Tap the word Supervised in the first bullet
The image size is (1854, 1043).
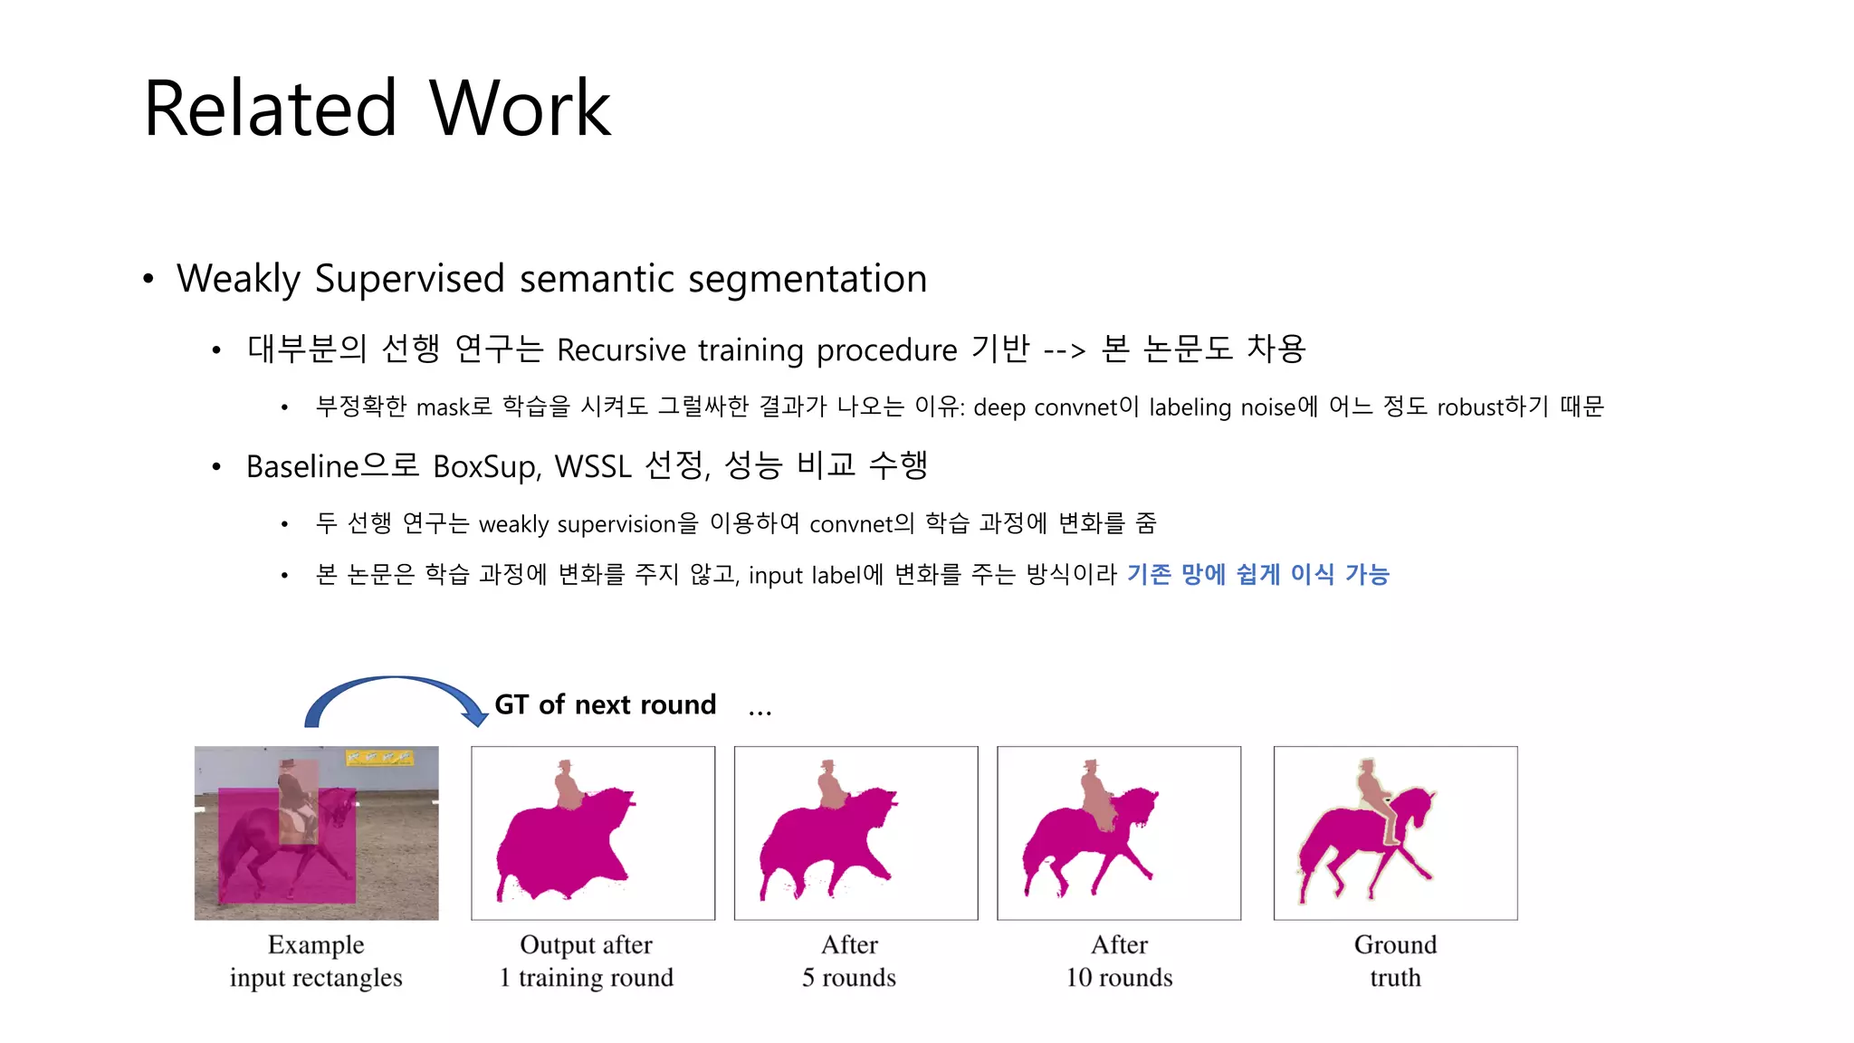coord(409,278)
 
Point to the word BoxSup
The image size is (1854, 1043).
coord(485,466)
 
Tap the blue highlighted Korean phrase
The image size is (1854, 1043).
coord(1257,574)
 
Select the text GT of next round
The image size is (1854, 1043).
coord(605,704)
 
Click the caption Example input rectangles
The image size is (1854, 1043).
coord(316,961)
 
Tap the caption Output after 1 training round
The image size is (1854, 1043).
coord(586,961)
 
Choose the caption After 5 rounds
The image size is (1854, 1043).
coord(849,961)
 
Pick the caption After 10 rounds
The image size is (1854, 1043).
coord(1119,961)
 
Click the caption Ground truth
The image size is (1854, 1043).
coord(1395,961)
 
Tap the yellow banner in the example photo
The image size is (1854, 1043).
coord(380,757)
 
